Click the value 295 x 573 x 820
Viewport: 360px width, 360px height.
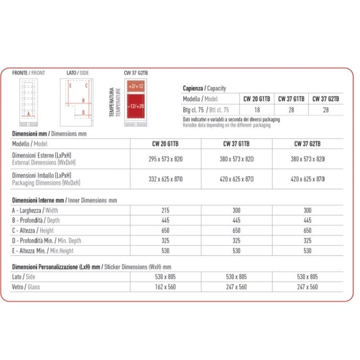click(x=165, y=159)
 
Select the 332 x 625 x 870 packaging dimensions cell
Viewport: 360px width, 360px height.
click(x=165, y=179)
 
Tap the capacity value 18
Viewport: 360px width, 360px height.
click(x=257, y=110)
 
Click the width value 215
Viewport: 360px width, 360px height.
click(x=165, y=210)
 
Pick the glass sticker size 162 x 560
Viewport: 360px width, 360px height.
click(x=165, y=287)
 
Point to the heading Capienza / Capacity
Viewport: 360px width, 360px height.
click(x=204, y=88)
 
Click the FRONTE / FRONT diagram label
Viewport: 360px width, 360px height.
click(x=28, y=73)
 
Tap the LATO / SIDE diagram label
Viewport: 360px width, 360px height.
click(x=78, y=73)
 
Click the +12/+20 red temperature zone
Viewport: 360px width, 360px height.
click(x=136, y=106)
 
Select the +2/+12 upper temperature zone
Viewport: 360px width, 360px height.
click(x=136, y=85)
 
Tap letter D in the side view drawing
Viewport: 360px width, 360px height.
click(x=83, y=112)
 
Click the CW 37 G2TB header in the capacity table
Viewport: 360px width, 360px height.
click(x=326, y=99)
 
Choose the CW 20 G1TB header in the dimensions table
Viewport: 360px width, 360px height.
click(x=165, y=143)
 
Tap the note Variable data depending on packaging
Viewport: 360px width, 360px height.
click(x=226, y=125)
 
